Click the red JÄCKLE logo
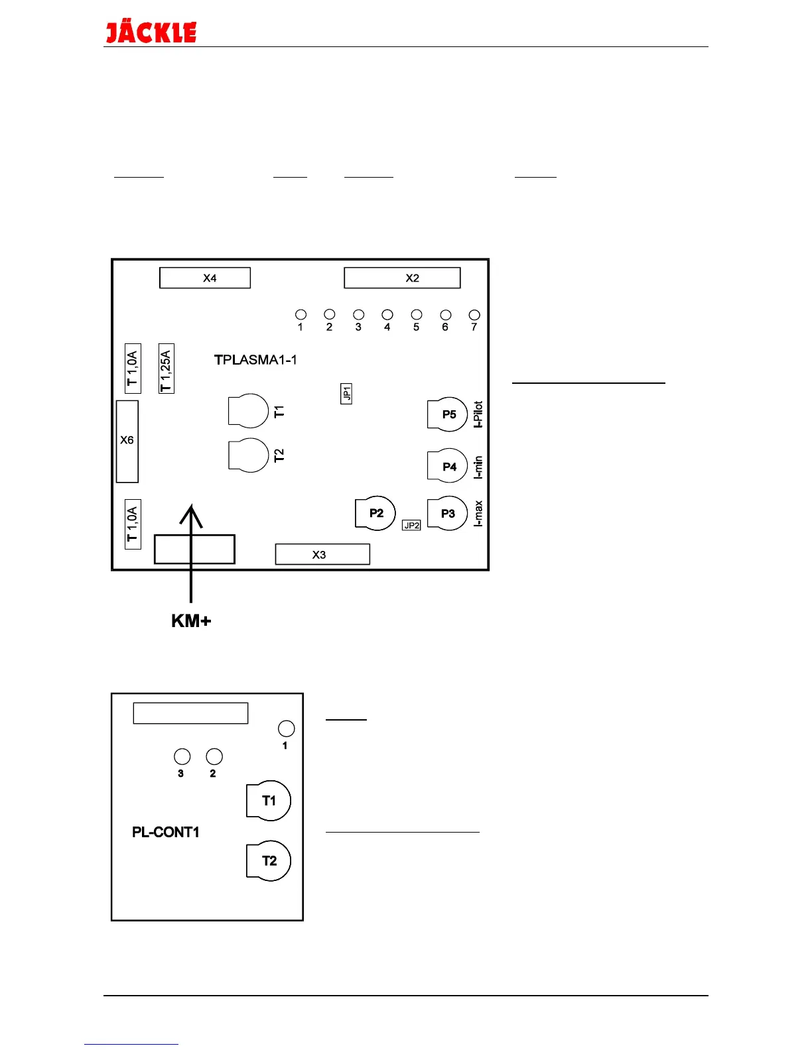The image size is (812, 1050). coord(151,32)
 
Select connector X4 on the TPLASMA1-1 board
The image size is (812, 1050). coord(205,278)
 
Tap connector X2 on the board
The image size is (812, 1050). coord(402,278)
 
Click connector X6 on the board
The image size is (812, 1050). coord(127,441)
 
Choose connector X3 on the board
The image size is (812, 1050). coord(322,554)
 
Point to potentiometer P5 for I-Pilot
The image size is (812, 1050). coord(447,414)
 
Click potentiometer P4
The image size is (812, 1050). coord(447,466)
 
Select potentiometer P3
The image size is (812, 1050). coord(447,513)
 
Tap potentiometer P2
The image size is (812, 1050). coord(375,513)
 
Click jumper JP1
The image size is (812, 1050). coord(346,394)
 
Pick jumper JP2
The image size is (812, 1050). coord(411,525)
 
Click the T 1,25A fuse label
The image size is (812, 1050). coord(167,369)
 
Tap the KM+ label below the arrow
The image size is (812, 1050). coord(191,621)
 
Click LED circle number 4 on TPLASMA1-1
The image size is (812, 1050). coord(387,315)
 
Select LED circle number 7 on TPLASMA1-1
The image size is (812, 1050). coord(474,315)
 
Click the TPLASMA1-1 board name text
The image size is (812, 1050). coord(255,360)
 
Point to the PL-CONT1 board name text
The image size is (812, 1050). coord(166,832)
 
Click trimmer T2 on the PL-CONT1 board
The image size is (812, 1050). coord(269,860)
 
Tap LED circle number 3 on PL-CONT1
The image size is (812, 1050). coord(182,756)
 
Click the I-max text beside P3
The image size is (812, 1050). coord(478,513)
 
